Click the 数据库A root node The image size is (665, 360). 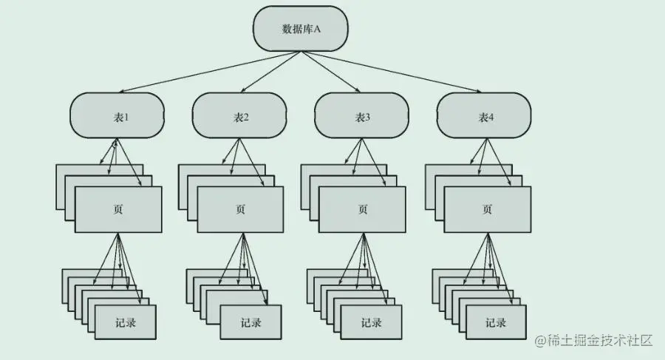tap(300, 29)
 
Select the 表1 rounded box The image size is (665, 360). tap(117, 117)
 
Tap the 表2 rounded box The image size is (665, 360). tap(239, 117)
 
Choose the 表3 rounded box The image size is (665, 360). tap(361, 117)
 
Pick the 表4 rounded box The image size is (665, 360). tap(484, 117)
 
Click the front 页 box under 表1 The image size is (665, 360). tap(118, 209)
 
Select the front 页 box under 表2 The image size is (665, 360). tap(241, 209)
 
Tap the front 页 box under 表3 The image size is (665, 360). tap(362, 209)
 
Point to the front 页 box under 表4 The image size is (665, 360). tap(487, 209)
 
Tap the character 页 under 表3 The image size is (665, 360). tap(362, 209)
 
